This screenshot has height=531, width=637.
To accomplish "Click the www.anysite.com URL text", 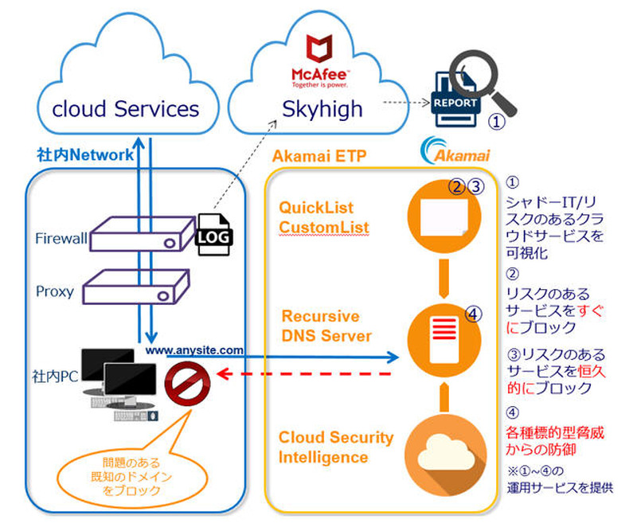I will click(193, 349).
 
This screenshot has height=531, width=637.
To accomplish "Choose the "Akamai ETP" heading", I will click(319, 156).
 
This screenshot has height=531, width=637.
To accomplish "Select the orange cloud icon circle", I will click(440, 450).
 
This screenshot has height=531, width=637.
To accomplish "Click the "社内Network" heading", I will click(85, 154).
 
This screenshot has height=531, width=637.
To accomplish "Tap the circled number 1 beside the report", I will click(495, 123).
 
